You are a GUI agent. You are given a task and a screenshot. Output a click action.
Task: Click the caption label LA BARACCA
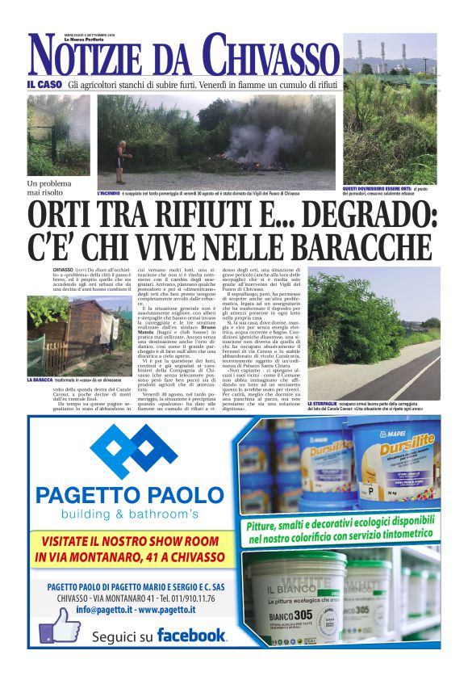[x=40, y=379]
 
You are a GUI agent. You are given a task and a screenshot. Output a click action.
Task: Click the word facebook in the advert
[x=191, y=634]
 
